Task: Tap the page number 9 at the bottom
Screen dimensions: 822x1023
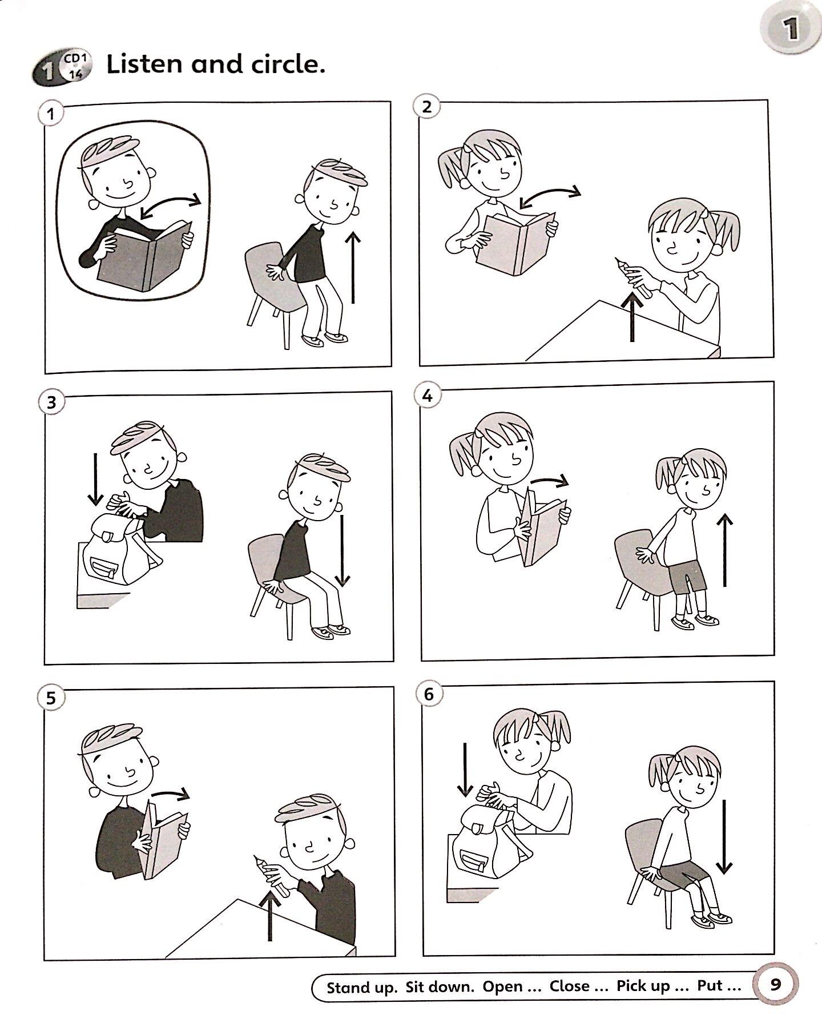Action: coord(775,984)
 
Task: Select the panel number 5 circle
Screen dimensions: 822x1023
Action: coord(51,698)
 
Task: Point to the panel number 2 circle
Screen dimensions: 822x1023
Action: coord(426,107)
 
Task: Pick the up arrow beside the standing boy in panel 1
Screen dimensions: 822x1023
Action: coord(353,267)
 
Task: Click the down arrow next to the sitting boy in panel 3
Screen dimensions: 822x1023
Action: coord(342,551)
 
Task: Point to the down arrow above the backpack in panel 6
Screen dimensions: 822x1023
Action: coord(466,769)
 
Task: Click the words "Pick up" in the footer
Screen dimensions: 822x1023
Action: coord(643,986)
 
